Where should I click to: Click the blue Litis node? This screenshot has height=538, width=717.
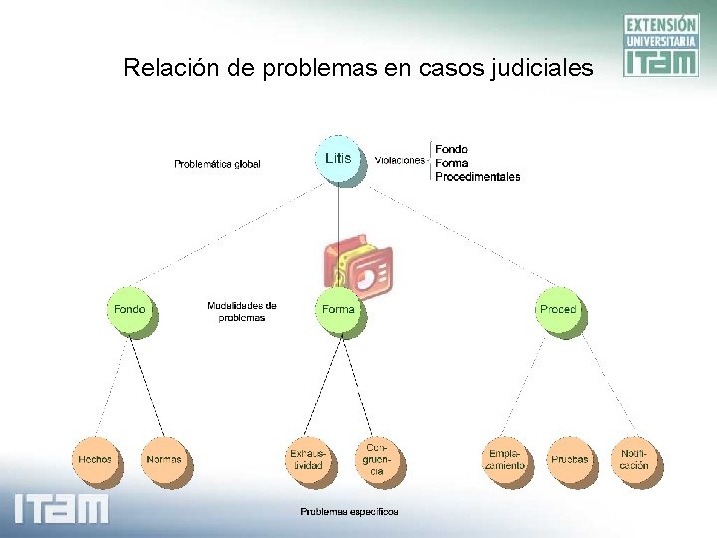[x=338, y=159]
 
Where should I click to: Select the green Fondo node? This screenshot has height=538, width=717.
[x=129, y=309]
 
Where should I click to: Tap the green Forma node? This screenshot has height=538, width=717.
[x=338, y=309]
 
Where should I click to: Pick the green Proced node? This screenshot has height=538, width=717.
[x=558, y=309]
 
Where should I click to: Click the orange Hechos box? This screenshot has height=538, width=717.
[x=95, y=459]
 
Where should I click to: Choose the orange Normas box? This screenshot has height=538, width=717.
[x=163, y=459]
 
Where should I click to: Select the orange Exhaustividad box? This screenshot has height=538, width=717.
[x=306, y=459]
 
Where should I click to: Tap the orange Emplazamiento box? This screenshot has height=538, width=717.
[x=505, y=459]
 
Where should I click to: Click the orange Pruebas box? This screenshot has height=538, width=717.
[x=569, y=459]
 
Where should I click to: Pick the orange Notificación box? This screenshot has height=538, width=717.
[x=634, y=459]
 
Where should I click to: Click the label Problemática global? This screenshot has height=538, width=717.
[x=217, y=164]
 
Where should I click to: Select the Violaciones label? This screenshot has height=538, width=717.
[x=400, y=160]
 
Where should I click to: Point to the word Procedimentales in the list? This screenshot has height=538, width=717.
[x=477, y=177]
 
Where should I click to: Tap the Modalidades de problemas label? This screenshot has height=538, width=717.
[x=242, y=311]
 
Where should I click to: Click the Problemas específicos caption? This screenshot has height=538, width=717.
[x=350, y=512]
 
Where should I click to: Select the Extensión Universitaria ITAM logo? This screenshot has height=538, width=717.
[x=660, y=45]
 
